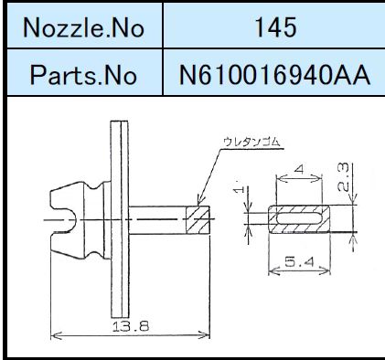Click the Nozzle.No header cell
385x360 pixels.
[84, 27]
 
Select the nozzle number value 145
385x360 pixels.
[275, 27]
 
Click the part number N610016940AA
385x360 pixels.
[274, 75]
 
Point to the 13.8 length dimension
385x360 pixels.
[131, 326]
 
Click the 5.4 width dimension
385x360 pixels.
[299, 261]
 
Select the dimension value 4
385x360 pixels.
[300, 169]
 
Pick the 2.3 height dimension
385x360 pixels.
[343, 177]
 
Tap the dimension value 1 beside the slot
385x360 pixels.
[240, 189]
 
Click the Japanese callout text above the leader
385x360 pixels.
[251, 143]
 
